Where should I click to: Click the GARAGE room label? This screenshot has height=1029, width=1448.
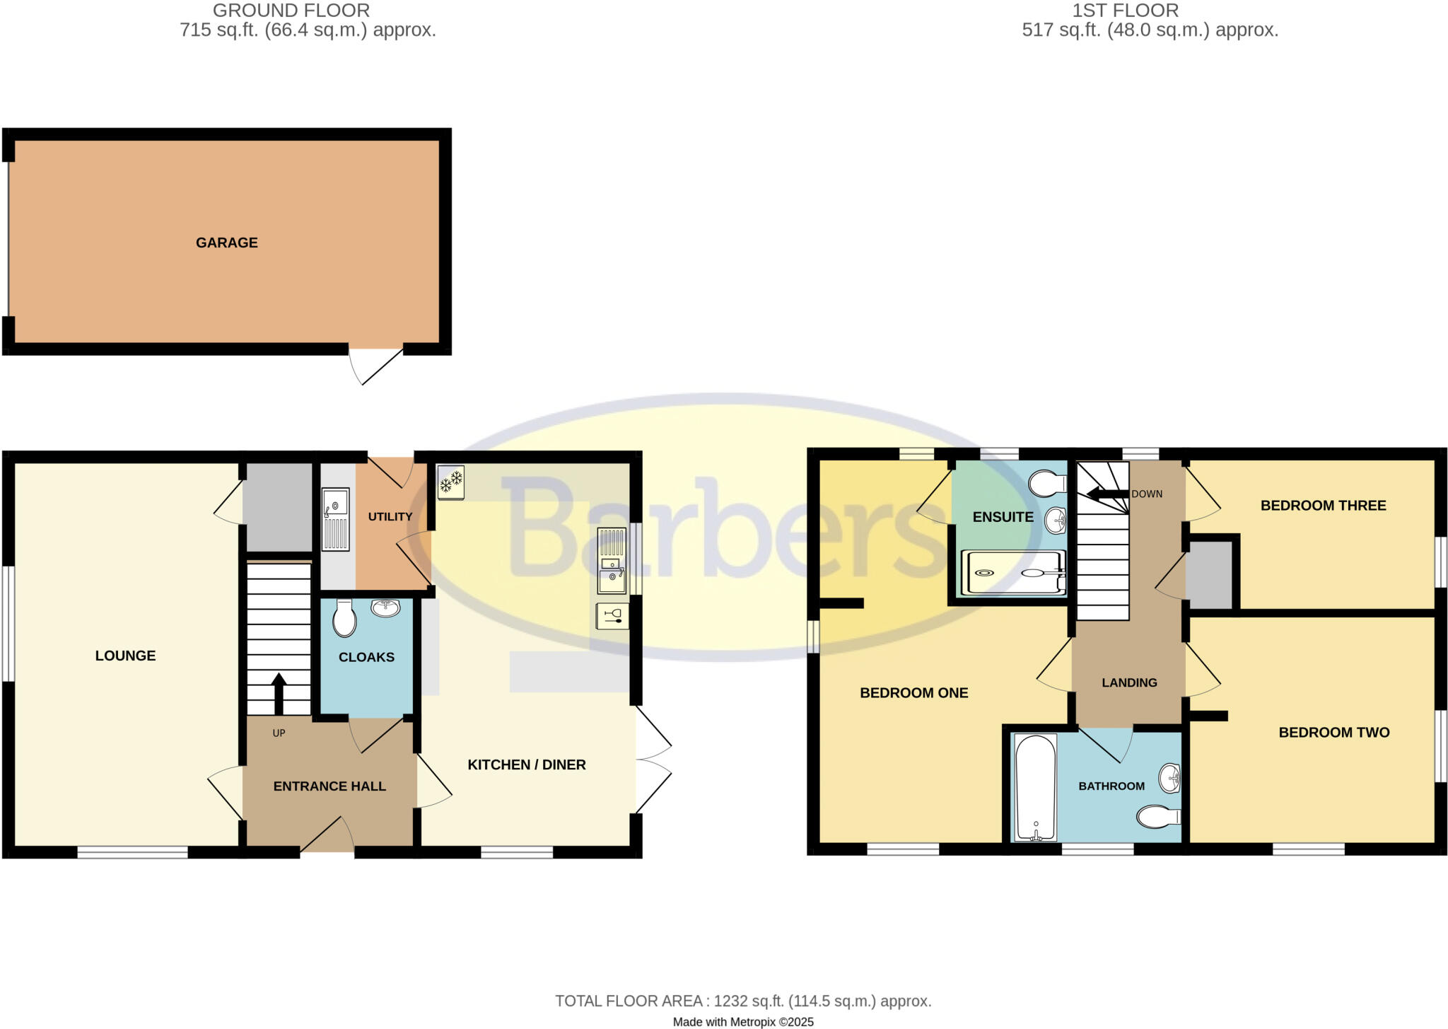click(x=226, y=243)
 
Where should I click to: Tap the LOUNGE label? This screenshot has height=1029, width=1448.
click(x=125, y=656)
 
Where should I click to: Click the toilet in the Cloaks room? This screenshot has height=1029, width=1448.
click(x=344, y=619)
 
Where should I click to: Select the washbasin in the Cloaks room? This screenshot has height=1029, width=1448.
click(x=385, y=607)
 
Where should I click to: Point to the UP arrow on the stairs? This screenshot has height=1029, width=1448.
click(x=279, y=693)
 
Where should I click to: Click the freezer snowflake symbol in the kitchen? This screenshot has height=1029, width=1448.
click(x=451, y=482)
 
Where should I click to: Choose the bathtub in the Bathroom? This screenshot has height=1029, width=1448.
click(x=1036, y=787)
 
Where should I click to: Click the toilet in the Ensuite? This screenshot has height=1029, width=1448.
click(x=1049, y=484)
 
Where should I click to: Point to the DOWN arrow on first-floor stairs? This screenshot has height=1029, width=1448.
click(x=1108, y=494)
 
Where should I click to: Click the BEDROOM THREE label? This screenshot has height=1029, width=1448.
click(x=1323, y=506)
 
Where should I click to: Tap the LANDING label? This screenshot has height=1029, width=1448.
click(x=1129, y=682)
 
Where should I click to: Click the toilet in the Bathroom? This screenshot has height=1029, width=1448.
click(x=1158, y=817)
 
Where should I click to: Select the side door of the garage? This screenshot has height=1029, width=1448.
click(x=376, y=364)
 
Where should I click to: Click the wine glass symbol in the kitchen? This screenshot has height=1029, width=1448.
click(x=612, y=615)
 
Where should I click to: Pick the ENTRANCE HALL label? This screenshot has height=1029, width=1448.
click(x=329, y=786)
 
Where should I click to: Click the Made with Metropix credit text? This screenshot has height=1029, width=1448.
click(x=743, y=1022)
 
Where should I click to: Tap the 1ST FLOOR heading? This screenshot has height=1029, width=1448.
click(x=1125, y=11)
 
